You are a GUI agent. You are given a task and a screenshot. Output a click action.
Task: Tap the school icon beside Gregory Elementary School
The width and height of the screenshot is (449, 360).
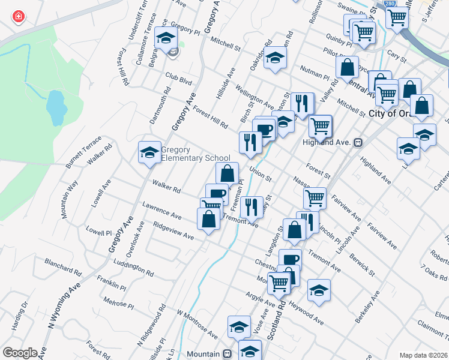click(x=149, y=152)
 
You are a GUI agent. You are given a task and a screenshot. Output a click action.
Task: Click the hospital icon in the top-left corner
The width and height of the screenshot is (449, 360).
click(x=19, y=16)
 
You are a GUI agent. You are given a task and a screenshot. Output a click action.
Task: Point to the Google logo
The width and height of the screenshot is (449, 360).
click(x=20, y=353)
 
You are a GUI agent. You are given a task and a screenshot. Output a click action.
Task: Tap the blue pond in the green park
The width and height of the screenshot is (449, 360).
click(x=56, y=108)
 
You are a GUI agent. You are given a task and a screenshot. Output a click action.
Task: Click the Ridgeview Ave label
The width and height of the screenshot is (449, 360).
click(x=173, y=232)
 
